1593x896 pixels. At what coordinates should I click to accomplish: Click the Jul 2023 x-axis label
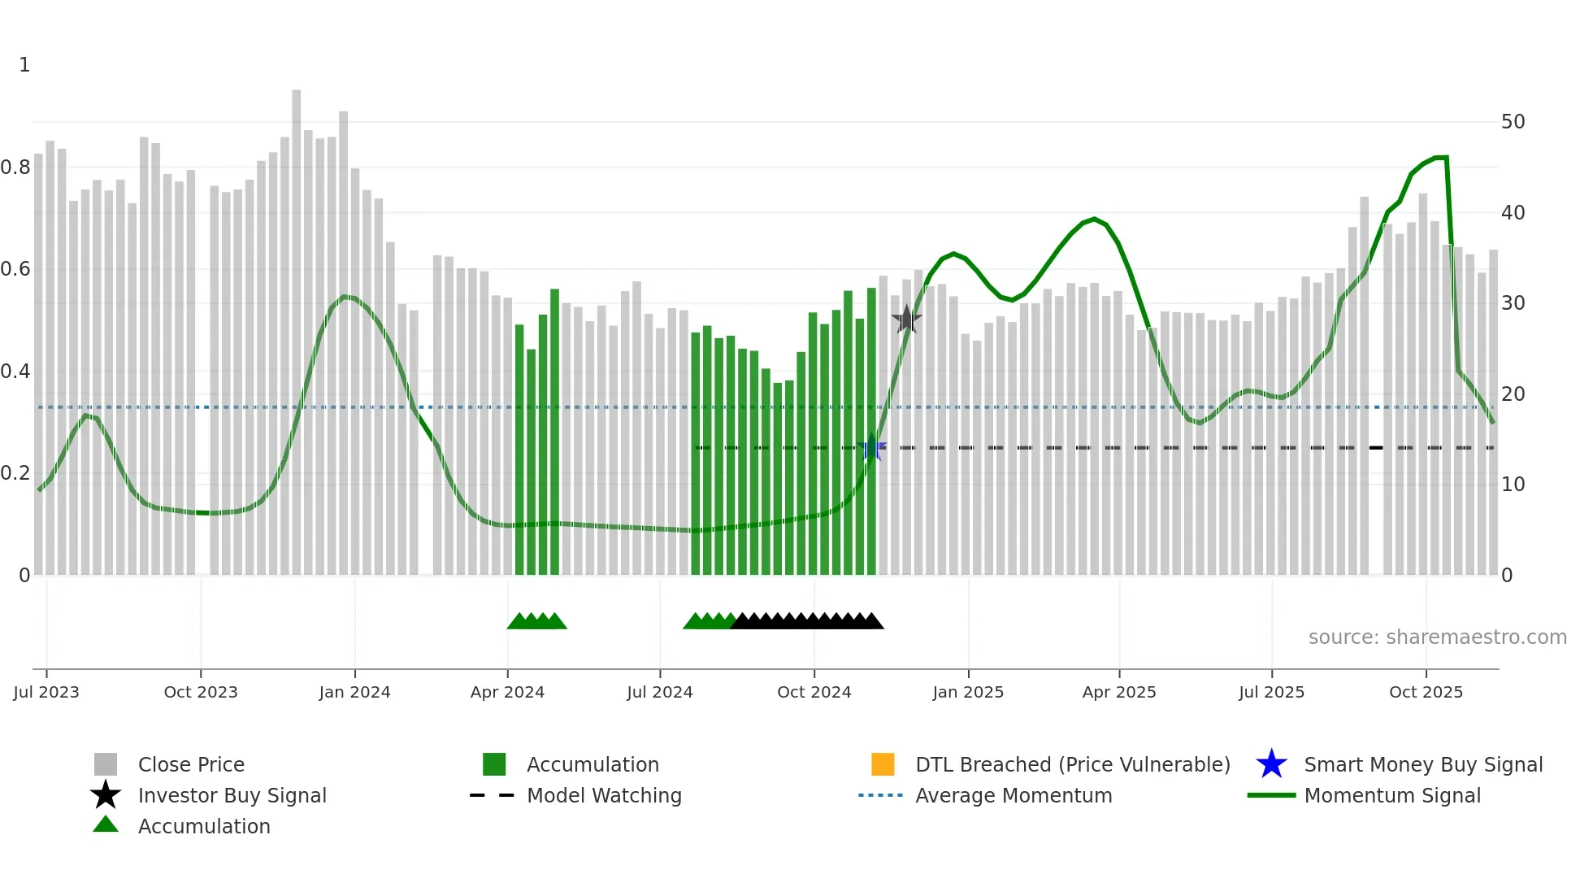tap(46, 692)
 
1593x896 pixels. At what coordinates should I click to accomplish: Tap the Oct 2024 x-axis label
tap(814, 692)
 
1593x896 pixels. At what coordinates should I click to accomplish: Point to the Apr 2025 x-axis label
tap(1118, 692)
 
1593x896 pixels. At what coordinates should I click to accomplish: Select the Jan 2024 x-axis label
tap(354, 692)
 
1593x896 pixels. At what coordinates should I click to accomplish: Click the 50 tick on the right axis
tap(1513, 122)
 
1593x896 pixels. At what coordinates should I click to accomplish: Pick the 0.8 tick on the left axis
tap(15, 167)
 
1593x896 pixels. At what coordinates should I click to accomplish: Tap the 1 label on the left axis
tap(24, 65)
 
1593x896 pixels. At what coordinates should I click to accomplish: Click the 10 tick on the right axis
tap(1513, 485)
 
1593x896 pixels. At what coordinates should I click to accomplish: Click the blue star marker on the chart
tap(872, 447)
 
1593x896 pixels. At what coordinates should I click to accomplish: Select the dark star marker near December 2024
tap(906, 320)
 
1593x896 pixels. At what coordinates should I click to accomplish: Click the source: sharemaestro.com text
tap(1437, 637)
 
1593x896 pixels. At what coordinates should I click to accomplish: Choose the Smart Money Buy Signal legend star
tap(1271, 764)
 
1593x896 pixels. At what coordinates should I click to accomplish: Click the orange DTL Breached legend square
tap(882, 764)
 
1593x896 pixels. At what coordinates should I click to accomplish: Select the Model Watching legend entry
tap(603, 795)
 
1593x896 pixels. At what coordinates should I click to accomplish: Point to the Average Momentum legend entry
tap(1013, 795)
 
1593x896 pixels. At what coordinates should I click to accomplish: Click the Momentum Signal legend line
tap(1271, 795)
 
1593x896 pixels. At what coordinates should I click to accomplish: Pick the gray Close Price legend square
tap(106, 764)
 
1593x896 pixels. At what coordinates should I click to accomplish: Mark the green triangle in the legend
tap(106, 824)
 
